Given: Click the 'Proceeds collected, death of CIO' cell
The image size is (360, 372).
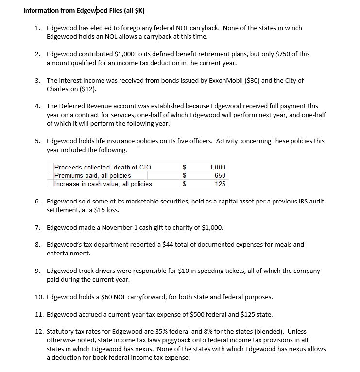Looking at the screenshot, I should point(103,167).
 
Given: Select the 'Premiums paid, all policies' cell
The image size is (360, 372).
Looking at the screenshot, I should point(93,175).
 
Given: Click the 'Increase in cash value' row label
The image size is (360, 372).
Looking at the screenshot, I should point(103,184).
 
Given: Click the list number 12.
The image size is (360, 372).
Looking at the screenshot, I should point(40,331).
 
